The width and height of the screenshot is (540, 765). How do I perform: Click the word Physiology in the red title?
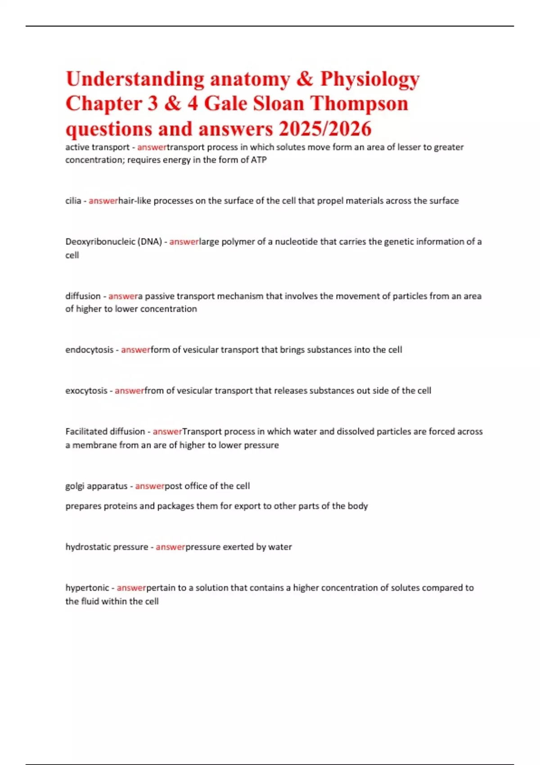[x=369, y=80]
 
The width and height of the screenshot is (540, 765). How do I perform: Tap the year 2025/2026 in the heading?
[x=325, y=129]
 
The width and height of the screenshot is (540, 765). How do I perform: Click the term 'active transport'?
[x=97, y=147]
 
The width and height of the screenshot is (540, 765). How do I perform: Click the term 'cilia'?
[x=73, y=201]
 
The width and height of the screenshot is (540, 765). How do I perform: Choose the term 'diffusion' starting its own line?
[x=83, y=296]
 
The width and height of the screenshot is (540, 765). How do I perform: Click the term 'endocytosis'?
[x=89, y=350]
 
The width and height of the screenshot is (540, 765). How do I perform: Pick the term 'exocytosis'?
[x=86, y=391]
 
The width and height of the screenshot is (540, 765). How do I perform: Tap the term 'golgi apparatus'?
[x=96, y=486]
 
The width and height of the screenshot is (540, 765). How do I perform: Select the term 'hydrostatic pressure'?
[x=107, y=547]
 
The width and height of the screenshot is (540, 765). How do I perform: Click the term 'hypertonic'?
[x=87, y=588]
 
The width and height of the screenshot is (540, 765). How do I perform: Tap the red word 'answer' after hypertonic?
[x=131, y=588]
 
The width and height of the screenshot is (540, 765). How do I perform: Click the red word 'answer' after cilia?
[x=103, y=201]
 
